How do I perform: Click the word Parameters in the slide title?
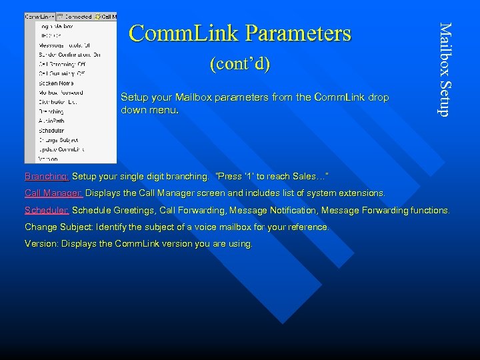click(298, 33)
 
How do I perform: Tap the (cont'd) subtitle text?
click(239, 65)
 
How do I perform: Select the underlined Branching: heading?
click(47, 177)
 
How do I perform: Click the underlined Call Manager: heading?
click(54, 193)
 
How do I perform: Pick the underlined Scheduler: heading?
click(47, 211)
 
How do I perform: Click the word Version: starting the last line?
click(41, 244)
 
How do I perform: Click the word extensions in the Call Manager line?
click(361, 193)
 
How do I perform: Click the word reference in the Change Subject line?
click(305, 227)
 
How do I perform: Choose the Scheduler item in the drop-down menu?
click(51, 131)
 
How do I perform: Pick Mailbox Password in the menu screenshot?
click(61, 93)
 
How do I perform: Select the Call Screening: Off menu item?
click(62, 64)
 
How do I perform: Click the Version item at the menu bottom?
click(48, 159)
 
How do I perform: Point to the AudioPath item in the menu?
click(51, 121)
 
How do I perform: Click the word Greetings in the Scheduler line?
click(135, 211)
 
